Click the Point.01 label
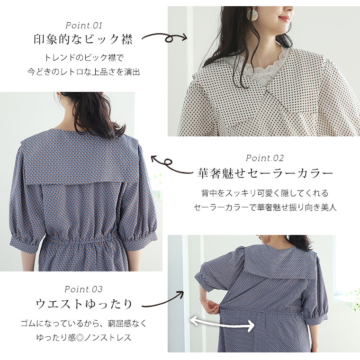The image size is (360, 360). [83, 25]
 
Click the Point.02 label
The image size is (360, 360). [265, 158]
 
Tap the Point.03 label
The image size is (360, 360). [83, 289]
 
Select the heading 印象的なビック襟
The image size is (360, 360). [83, 39]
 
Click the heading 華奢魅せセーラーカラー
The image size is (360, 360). [265, 173]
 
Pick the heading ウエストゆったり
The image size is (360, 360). [83, 304]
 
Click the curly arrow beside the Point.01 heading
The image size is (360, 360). [164, 37]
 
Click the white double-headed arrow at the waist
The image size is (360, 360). [222, 323]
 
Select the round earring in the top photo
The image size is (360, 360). [252, 14]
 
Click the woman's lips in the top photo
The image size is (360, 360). [284, 18]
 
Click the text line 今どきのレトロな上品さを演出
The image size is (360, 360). [83, 72]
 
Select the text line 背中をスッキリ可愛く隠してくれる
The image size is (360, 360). [265, 193]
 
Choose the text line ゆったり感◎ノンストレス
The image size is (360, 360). [83, 337]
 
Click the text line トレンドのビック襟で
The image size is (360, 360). [83, 57]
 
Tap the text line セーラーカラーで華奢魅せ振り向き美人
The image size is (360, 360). [265, 207]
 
